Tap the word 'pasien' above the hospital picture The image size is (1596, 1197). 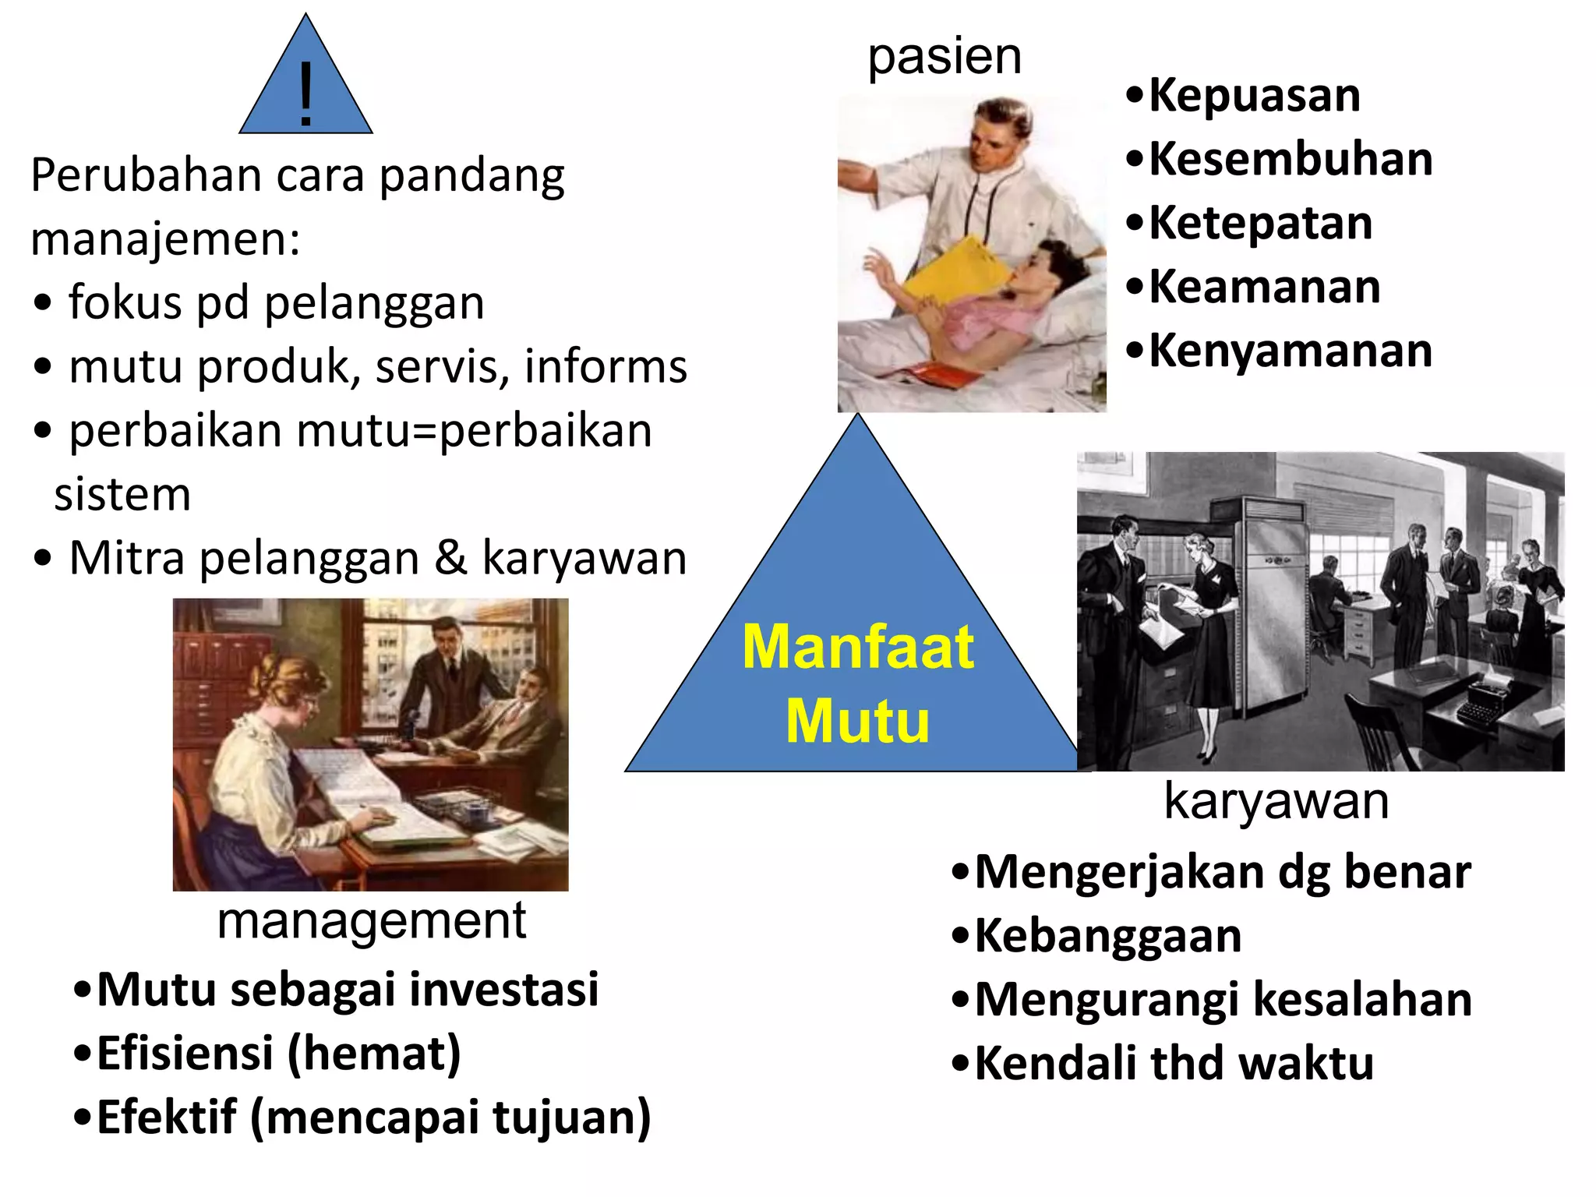pos(945,56)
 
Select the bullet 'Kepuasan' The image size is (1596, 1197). pos(1253,95)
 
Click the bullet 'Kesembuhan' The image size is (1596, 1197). pos(1290,159)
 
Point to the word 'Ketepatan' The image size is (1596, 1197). pos(1260,223)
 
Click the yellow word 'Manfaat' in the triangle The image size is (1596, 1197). pos(857,647)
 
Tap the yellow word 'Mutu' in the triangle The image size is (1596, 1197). pos(857,721)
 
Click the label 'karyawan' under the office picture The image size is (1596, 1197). pos(1276,800)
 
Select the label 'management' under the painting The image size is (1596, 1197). pos(371,921)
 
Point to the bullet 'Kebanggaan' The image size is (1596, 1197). pos(1107,935)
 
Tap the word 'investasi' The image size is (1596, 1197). pos(503,990)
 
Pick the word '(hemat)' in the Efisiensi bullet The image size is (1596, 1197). pos(374,1054)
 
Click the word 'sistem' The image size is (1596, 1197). pos(122,494)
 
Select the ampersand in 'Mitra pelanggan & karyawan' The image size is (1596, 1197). pos(450,558)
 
